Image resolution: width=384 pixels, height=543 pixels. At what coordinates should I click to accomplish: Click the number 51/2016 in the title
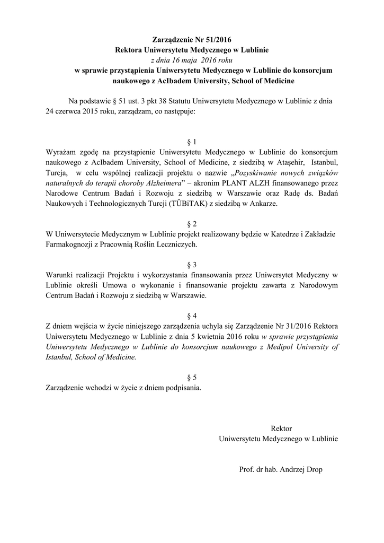click(x=217, y=40)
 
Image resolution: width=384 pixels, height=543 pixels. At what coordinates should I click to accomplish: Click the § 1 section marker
click(x=192, y=142)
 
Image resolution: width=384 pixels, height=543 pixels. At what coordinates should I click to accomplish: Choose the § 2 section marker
click(x=192, y=224)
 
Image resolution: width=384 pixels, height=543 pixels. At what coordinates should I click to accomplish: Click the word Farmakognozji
click(x=69, y=244)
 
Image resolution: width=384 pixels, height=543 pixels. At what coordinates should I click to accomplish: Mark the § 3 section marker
click(x=192, y=264)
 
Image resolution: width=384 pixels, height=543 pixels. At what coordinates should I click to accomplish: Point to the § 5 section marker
click(x=192, y=377)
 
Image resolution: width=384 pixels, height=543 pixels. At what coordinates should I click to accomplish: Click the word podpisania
click(x=183, y=387)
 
